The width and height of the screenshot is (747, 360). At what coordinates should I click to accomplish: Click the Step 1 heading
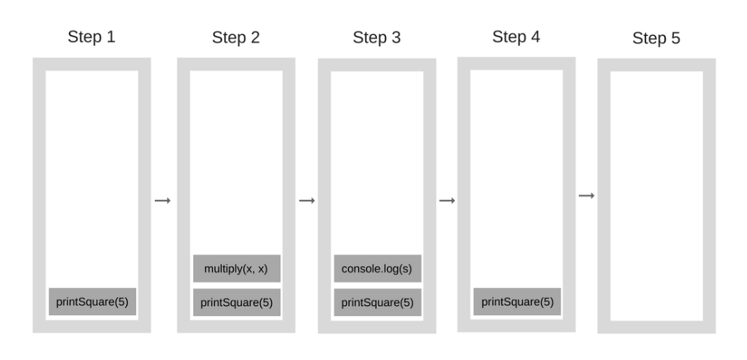coord(91,36)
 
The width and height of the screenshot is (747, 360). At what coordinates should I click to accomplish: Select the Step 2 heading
coord(236,38)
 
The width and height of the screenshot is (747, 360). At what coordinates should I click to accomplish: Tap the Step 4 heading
coord(516,36)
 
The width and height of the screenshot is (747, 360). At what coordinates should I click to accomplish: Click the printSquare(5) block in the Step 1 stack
coord(92,302)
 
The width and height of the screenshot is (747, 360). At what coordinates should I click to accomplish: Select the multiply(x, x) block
coord(236,269)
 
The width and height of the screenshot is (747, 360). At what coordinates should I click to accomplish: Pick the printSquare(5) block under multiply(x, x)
coord(236,302)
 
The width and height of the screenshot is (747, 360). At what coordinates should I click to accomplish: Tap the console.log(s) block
coord(377,269)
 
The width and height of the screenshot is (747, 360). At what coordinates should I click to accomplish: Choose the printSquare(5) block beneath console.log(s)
coord(377,302)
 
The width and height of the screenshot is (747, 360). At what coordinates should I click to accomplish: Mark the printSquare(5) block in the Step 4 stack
coord(517,302)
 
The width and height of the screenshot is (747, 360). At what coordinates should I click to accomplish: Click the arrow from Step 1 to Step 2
coord(163,201)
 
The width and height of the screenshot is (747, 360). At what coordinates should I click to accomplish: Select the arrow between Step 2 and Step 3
coord(306,201)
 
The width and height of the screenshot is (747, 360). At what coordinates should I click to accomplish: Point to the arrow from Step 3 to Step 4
coord(447,201)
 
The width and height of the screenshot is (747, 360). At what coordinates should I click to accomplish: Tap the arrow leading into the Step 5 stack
coord(586,196)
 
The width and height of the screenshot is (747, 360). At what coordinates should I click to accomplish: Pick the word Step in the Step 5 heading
coord(649,39)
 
